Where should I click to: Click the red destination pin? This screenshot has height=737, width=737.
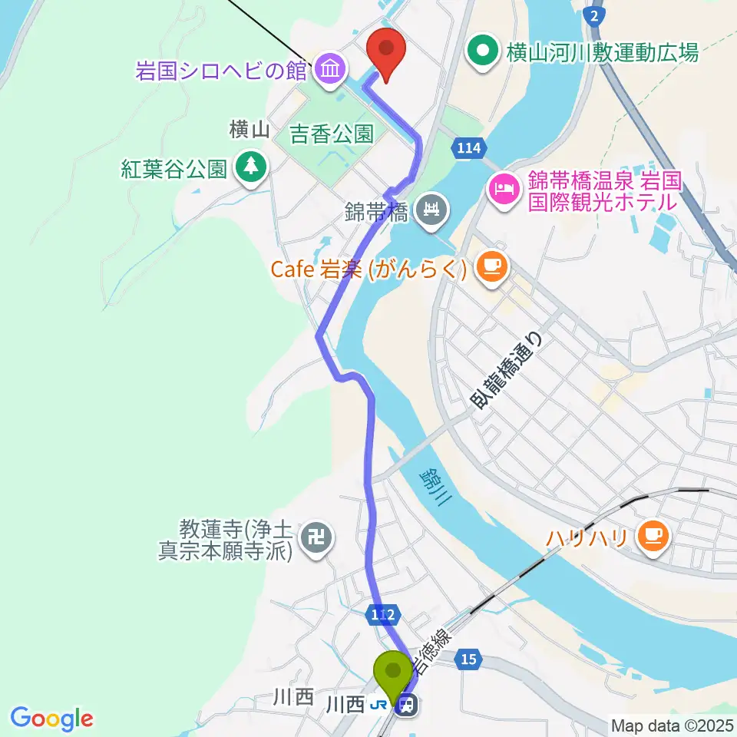click(386, 51)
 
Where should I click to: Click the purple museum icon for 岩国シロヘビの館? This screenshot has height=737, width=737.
click(329, 70)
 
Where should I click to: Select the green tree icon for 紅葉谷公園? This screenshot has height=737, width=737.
click(250, 167)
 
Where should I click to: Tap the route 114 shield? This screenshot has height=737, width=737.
click(467, 148)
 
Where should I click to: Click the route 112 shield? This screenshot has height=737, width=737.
click(384, 614)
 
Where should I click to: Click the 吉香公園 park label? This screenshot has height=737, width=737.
click(332, 135)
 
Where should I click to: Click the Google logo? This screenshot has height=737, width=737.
click(51, 719)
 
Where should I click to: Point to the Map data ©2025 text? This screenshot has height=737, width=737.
click(672, 725)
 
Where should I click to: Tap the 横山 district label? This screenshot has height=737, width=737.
click(250, 131)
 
